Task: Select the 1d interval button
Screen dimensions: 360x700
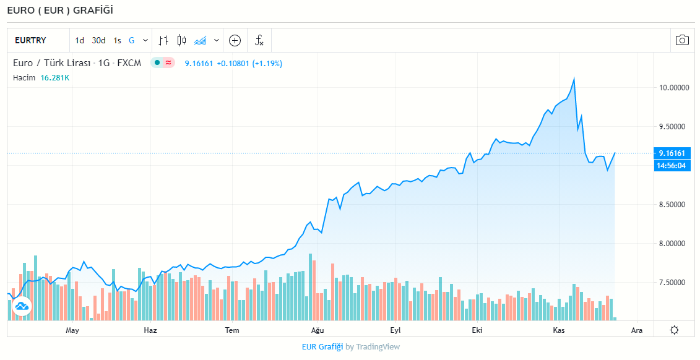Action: pos(80,41)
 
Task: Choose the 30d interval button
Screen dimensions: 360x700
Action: pos(98,41)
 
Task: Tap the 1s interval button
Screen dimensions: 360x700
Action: pos(117,41)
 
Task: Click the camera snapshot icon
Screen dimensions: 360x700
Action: pos(682,41)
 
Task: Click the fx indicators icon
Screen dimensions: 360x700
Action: pos(259,41)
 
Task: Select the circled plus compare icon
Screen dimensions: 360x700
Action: pos(235,41)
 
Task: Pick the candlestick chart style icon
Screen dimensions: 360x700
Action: pos(181,41)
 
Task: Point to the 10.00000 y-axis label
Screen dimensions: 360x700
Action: pos(673,88)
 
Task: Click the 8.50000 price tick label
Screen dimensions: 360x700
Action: pos(673,204)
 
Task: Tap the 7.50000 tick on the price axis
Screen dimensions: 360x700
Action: pos(673,282)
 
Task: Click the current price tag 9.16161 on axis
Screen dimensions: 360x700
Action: pos(673,153)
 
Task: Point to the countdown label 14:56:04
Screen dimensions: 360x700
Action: pos(673,165)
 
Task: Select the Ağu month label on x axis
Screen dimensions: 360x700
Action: pos(318,330)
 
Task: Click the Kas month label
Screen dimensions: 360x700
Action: pos(560,330)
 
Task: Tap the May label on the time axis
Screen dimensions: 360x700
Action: pos(72,330)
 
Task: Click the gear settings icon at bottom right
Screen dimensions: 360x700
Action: pos(674,330)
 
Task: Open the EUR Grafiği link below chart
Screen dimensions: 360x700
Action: pos(322,347)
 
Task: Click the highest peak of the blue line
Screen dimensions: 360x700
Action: pos(574,79)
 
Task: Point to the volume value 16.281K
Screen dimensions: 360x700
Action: pos(55,78)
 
